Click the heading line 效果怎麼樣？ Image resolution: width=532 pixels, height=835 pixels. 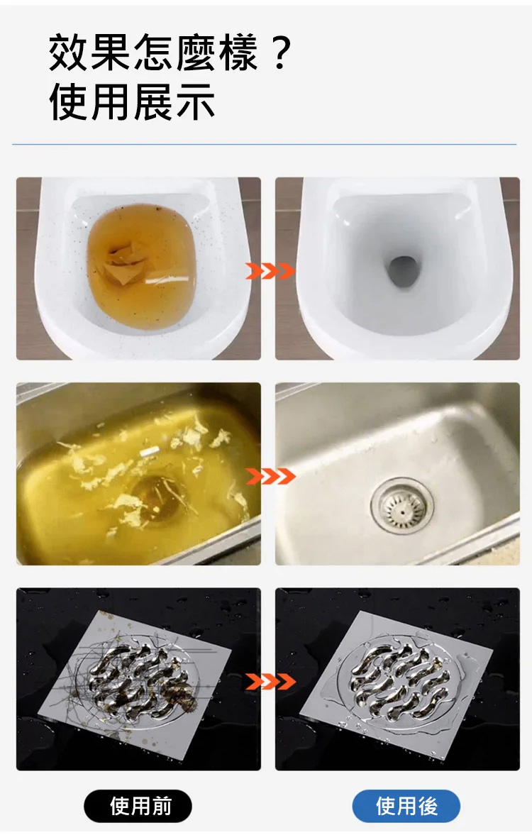(x=170, y=52)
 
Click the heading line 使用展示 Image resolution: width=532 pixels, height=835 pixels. (x=132, y=101)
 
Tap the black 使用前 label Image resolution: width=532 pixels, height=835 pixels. (x=138, y=806)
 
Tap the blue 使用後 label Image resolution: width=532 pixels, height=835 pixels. (x=406, y=806)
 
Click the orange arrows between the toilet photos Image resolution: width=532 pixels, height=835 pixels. (x=270, y=271)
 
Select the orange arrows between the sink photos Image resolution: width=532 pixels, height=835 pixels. (x=270, y=475)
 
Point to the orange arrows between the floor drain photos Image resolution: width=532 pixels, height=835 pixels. (x=270, y=680)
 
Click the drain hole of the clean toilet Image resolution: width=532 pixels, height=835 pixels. (x=402, y=271)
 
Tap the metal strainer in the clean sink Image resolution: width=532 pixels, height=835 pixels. (x=402, y=506)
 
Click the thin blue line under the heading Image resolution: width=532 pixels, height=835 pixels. (x=264, y=144)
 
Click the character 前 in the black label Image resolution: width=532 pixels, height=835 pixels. (x=161, y=806)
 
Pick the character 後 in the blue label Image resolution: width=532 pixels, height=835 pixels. (x=428, y=806)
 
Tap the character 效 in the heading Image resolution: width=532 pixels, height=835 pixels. (x=69, y=52)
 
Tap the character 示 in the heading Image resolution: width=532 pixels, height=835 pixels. (x=195, y=101)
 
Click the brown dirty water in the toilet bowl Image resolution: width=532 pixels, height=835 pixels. (x=142, y=266)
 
